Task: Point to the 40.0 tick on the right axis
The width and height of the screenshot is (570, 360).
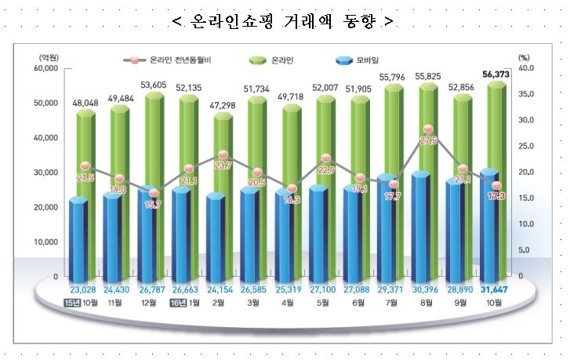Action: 527,68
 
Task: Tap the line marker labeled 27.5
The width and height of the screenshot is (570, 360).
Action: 428,129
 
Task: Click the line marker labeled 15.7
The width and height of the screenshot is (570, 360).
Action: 154,193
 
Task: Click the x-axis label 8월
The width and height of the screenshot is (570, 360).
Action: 427,303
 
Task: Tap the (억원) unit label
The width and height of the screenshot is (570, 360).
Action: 48,57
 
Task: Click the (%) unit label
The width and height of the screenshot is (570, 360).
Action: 525,57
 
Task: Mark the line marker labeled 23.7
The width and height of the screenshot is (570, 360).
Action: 223,155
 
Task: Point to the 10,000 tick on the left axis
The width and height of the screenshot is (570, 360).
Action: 46,242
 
